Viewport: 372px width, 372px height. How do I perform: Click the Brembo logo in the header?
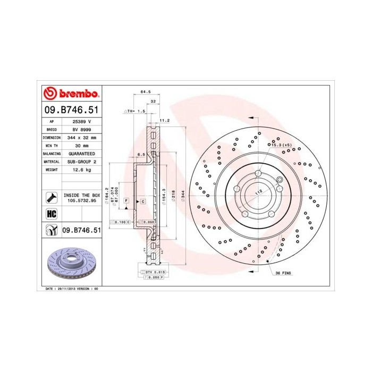71,94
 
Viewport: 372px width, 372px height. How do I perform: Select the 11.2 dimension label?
164,121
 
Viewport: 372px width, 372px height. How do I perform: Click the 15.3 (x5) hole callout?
281,145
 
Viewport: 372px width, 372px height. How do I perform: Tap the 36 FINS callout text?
284,273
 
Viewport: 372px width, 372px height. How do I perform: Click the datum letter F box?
126,200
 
